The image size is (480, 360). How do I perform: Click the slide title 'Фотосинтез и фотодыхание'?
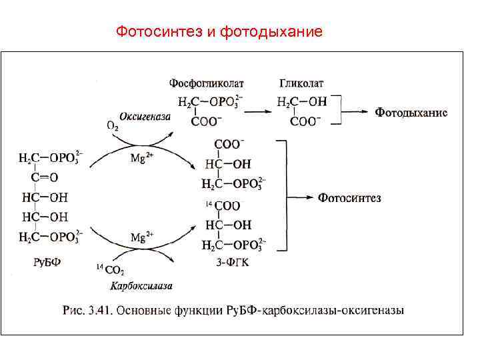[x=219, y=31]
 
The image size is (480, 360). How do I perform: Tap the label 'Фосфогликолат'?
[x=206, y=84]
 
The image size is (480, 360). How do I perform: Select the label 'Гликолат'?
[x=301, y=84]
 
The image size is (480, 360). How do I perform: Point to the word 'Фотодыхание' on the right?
[x=411, y=112]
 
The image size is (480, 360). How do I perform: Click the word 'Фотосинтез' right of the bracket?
[x=349, y=197]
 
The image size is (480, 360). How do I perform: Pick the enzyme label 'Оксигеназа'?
[x=145, y=116]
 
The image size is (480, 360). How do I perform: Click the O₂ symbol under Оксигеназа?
[x=113, y=125]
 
